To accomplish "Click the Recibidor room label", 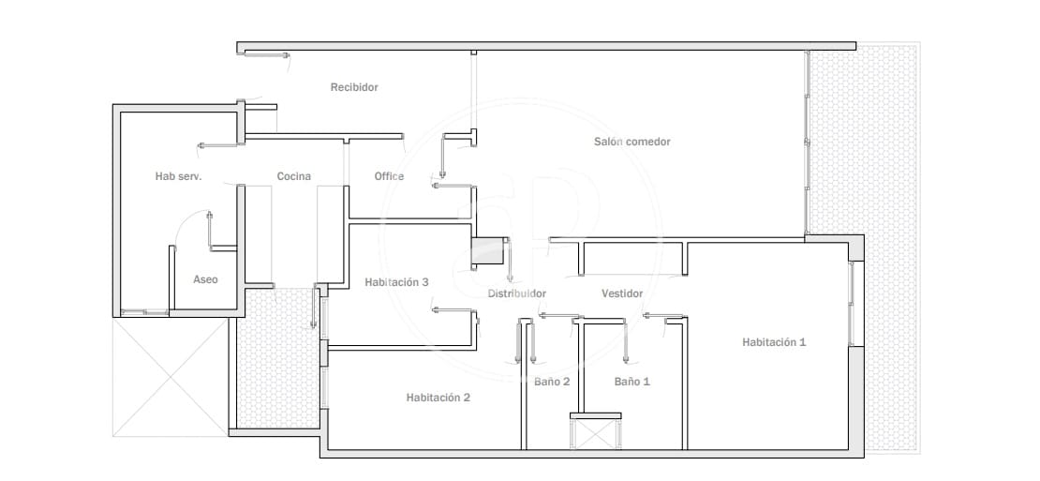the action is coord(354,87).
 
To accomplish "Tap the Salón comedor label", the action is coord(632,142).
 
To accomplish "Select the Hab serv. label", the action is coord(178,176).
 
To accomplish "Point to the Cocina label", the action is coord(294,176).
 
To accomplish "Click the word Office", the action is coord(390,176).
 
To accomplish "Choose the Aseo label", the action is coord(205,279).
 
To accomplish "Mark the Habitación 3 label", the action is coord(396,282).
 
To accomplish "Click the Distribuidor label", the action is coord(517,293).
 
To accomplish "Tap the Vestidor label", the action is coord(622,293).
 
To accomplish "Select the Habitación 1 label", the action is coord(774,342).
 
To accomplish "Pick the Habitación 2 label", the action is coord(438,398).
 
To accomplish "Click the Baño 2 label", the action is coord(552,382).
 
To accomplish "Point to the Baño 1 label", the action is coord(632,382).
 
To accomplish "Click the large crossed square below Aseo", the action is coord(171,378).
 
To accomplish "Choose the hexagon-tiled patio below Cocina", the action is coord(279,358).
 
